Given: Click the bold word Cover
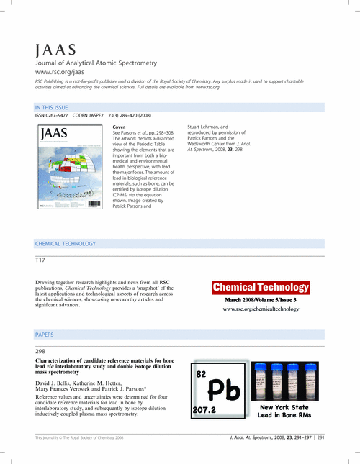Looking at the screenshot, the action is click(119, 127).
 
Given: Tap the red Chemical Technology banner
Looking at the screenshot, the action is click(260, 288).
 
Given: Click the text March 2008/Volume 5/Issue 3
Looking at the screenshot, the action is click(260, 299).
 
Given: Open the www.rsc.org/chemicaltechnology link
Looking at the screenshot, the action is click(260, 309).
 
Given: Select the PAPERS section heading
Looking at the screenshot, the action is click(45, 335).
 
